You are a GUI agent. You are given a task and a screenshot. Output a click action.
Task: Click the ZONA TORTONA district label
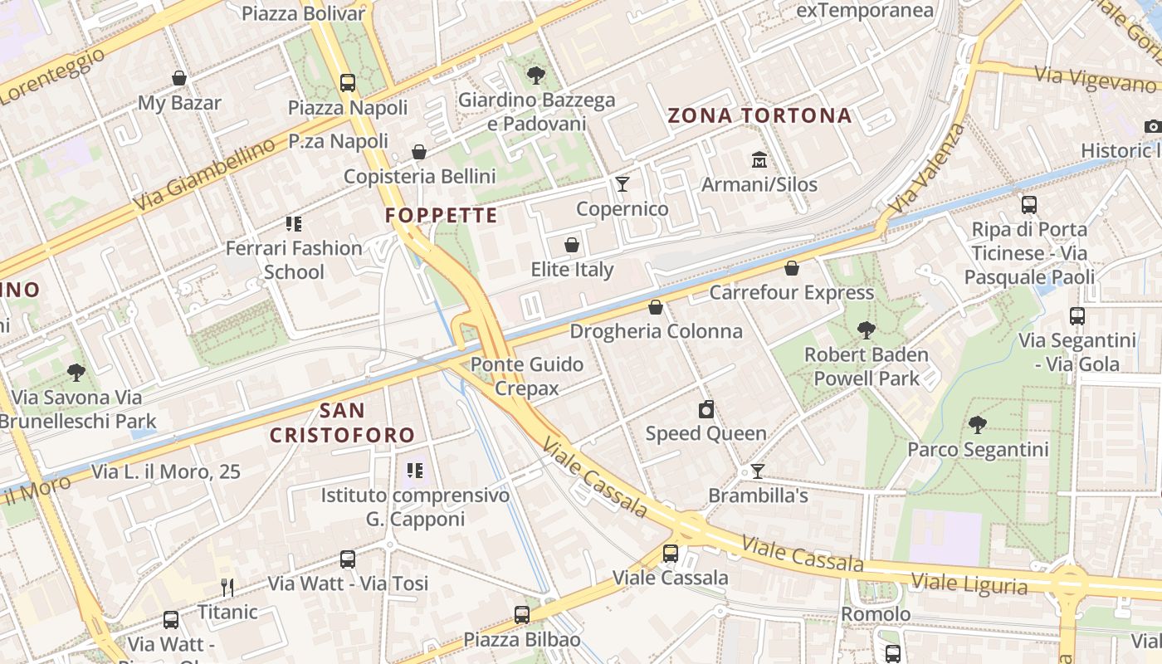coord(760,115)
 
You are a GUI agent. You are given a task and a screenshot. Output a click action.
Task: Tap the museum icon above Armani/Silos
coord(759,159)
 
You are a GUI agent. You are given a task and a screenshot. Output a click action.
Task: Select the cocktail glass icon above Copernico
coord(622,183)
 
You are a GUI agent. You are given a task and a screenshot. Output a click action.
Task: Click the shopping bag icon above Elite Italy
coord(572,245)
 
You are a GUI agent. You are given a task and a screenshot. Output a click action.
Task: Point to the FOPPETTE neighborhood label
coord(442,216)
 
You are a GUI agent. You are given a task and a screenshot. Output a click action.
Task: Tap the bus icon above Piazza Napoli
coord(348,82)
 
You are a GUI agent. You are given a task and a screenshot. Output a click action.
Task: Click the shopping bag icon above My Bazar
coord(179,78)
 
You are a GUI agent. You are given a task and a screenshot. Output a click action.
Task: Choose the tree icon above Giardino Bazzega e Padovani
coord(536,76)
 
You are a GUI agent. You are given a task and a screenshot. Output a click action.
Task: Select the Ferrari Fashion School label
coord(294,259)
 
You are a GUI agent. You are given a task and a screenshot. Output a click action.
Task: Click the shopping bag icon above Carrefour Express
coord(792,268)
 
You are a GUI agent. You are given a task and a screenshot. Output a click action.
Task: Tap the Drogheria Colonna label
coord(656,331)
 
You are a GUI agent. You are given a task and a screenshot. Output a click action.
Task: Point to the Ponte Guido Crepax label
coord(527,376)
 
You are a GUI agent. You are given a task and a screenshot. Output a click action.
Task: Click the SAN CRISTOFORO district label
coord(342,422)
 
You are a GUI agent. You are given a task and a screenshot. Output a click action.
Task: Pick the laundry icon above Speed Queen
coord(706,409)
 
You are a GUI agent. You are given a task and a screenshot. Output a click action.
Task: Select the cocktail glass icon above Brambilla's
coord(758,471)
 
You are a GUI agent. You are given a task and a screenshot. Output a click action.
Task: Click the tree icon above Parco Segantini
coord(978,425)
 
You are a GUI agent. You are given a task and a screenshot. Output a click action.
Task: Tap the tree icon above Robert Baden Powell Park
coord(867,330)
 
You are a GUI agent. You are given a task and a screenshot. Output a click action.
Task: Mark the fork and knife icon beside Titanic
coord(227,588)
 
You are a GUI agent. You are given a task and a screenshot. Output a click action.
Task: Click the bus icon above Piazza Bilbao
coord(522,615)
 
